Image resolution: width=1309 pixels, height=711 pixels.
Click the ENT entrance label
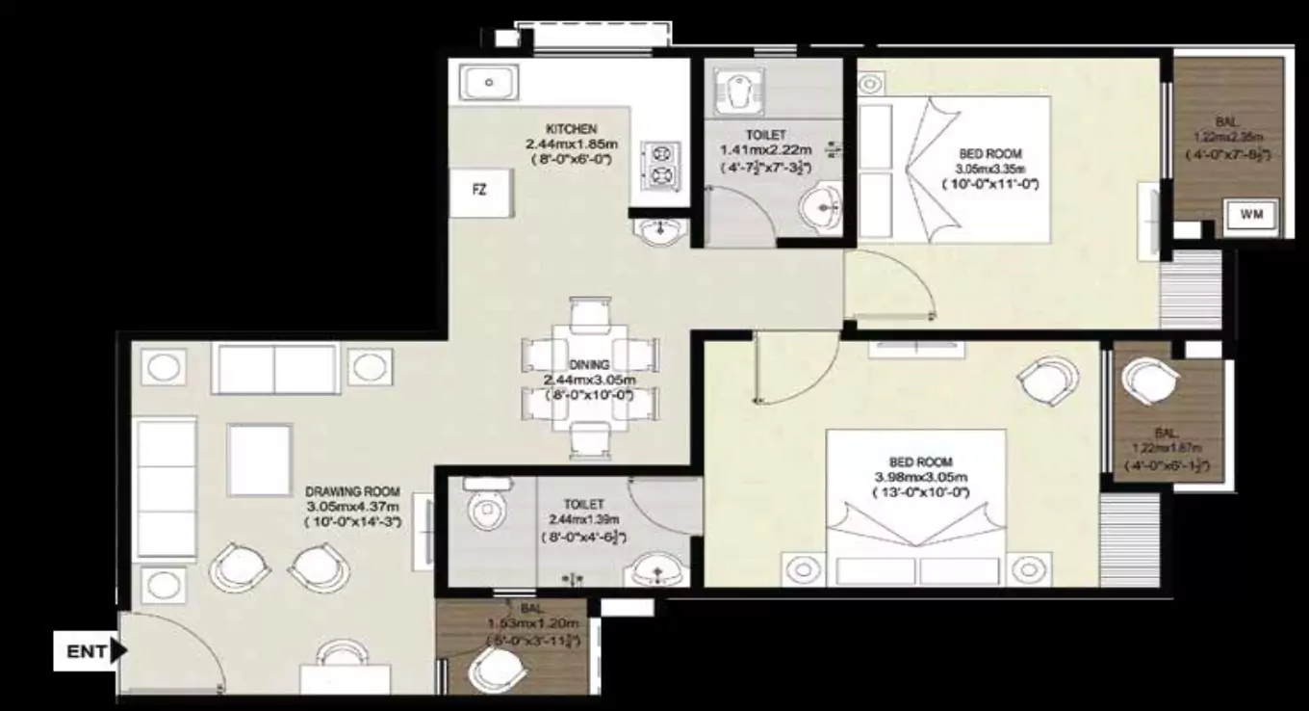pos(87,652)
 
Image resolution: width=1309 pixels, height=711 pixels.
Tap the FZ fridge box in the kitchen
pos(479,190)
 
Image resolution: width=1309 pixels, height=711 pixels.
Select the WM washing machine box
pos(1251,214)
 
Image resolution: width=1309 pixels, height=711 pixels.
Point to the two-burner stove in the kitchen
pos(661,164)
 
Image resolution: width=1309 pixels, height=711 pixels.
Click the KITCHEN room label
pos(572,129)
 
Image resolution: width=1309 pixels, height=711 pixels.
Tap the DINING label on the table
pos(589,365)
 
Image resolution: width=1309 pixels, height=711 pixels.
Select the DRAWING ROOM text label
pos(353,491)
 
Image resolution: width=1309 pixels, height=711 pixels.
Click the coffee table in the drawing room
pos(260,460)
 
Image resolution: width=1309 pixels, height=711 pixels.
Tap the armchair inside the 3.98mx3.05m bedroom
pos(1049,381)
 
